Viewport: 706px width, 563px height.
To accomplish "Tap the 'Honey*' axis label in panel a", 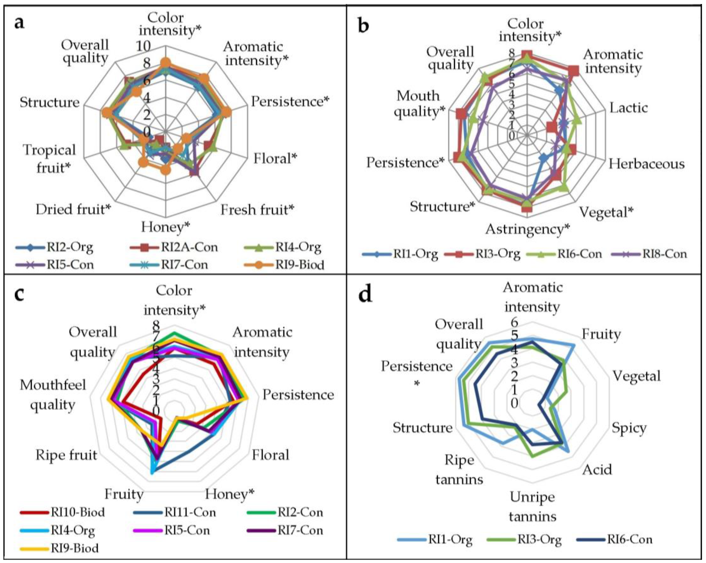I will tap(165, 227).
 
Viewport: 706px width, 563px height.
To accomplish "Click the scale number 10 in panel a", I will tap(144, 46).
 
